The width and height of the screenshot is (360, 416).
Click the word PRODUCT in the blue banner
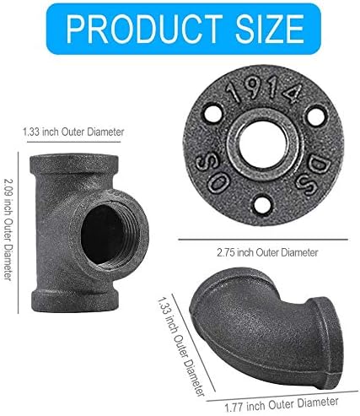[x=144, y=29]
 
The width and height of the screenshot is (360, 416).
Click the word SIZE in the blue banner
[x=269, y=29]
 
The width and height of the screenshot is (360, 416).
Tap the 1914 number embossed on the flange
[x=264, y=90]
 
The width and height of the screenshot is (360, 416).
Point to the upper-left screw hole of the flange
[x=212, y=114]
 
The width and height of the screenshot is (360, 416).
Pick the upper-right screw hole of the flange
[x=318, y=115]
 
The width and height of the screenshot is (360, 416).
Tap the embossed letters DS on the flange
[x=309, y=175]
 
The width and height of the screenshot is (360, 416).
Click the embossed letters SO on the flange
[x=212, y=174]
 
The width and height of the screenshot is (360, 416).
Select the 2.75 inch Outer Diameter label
[x=267, y=252]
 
